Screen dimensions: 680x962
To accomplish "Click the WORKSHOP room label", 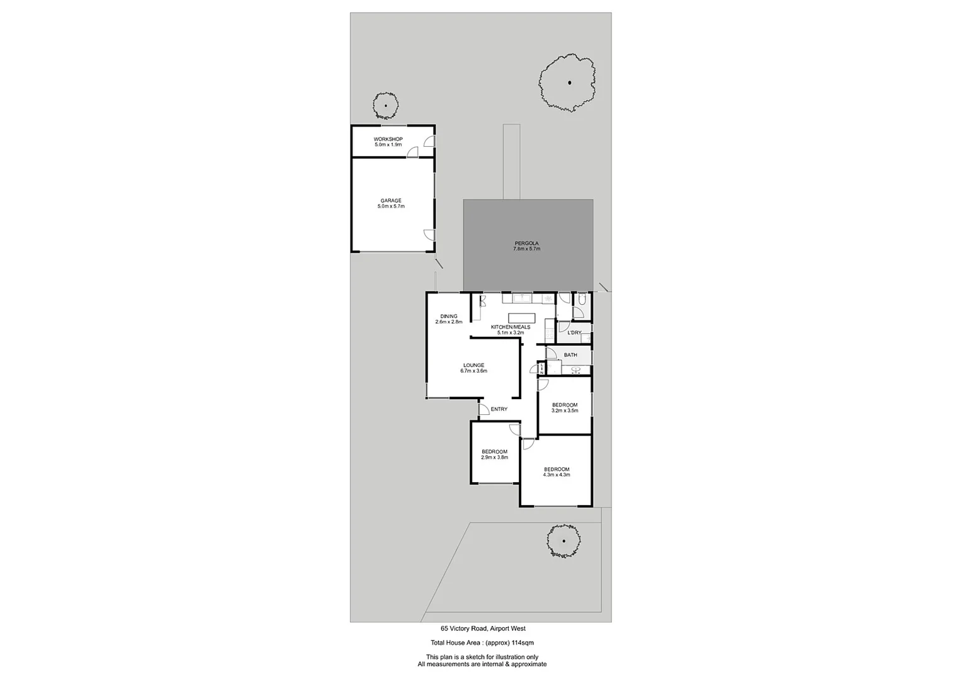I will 388,139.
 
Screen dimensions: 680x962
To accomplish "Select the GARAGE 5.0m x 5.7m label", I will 390,203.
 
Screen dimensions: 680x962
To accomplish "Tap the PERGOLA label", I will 526,246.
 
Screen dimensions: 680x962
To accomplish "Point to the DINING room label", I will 448,319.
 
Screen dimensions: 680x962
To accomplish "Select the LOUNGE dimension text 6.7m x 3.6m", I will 473,371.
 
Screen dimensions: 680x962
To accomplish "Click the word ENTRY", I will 499,409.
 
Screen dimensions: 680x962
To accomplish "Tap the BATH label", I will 570,355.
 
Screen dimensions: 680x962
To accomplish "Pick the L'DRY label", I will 574,332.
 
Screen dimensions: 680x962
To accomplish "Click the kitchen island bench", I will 522,318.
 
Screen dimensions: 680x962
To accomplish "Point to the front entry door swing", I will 484,410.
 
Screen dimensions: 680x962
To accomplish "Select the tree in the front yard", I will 563,541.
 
